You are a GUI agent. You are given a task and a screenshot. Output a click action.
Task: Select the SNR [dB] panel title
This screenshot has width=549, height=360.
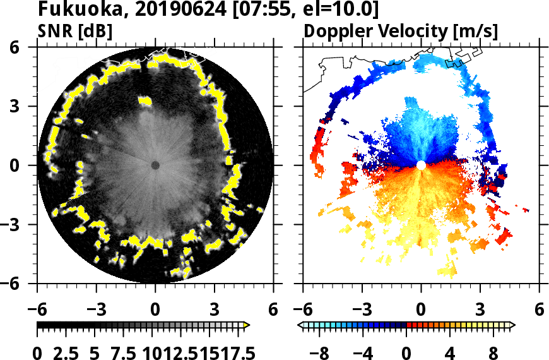76,30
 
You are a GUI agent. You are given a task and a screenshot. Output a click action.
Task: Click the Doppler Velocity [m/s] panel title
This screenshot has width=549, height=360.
401,30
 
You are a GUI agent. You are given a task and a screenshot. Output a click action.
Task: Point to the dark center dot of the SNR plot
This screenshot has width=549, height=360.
155,165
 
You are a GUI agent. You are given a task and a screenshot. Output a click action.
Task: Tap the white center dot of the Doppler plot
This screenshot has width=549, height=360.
422,165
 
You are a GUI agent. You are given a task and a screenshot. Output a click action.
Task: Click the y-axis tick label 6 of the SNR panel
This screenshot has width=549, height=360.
28,47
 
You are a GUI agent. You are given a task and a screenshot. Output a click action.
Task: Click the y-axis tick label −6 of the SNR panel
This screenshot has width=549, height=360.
23,284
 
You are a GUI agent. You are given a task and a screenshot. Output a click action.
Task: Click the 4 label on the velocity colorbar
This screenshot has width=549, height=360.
450,351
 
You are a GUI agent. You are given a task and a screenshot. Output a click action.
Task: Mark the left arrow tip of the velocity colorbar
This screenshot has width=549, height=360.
300,325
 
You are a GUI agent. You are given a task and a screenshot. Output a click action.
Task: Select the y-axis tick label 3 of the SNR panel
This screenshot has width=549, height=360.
28,106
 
